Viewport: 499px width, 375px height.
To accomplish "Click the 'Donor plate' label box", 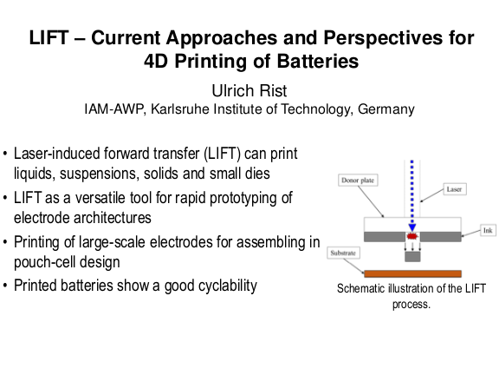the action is click(x=358, y=181).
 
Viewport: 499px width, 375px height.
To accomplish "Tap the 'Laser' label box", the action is click(x=455, y=189).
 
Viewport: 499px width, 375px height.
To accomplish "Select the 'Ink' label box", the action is click(x=488, y=230).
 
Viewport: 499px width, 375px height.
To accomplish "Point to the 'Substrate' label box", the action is click(x=343, y=253).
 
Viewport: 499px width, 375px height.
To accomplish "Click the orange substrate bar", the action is click(x=412, y=273).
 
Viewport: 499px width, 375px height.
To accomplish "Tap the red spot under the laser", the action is click(x=412, y=236).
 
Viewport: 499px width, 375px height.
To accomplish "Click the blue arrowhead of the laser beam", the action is click(x=412, y=227).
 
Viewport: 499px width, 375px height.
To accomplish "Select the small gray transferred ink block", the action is click(x=412, y=256).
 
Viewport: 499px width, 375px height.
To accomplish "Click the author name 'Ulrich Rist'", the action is click(x=249, y=91).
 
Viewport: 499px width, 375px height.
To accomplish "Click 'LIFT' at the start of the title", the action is click(x=49, y=37).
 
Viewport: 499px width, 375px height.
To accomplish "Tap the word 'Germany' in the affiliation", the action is click(x=386, y=109).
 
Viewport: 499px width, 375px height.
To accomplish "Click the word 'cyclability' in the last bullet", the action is click(x=226, y=286).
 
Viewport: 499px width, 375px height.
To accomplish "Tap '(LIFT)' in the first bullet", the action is click(x=222, y=154).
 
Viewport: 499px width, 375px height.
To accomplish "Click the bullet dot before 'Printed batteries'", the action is click(x=5, y=286).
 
